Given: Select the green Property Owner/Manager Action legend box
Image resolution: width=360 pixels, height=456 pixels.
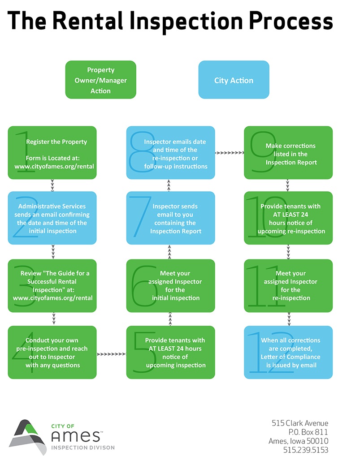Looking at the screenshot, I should pyautogui.click(x=100, y=80).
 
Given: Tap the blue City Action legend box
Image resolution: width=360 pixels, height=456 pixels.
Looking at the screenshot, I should pyautogui.click(x=234, y=80).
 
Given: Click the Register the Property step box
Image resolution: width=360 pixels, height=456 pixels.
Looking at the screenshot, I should pyautogui.click(x=52, y=153).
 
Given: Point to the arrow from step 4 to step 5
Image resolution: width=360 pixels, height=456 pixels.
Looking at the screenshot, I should pyautogui.click(x=111, y=354).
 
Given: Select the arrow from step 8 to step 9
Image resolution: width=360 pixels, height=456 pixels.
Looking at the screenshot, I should pyautogui.click(x=229, y=153).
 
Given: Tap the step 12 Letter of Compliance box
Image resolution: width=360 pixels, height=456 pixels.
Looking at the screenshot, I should pyautogui.click(x=288, y=353).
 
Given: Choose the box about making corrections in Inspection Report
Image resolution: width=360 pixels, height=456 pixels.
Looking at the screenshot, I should pyautogui.click(x=288, y=153).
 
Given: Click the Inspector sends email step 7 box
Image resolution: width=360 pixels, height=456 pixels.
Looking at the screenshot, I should pyautogui.click(x=170, y=218).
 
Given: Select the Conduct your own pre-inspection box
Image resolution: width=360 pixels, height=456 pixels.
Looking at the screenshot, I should pyautogui.click(x=52, y=353).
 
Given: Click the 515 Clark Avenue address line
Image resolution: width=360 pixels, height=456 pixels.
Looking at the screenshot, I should pyautogui.click(x=300, y=423).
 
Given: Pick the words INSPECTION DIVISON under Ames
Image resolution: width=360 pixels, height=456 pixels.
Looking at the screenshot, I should pyautogui.click(x=83, y=447).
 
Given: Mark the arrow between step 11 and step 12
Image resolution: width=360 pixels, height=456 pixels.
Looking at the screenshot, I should pyautogui.click(x=289, y=319).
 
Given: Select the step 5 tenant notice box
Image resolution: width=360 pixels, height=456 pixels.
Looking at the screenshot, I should pyautogui.click(x=170, y=353).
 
